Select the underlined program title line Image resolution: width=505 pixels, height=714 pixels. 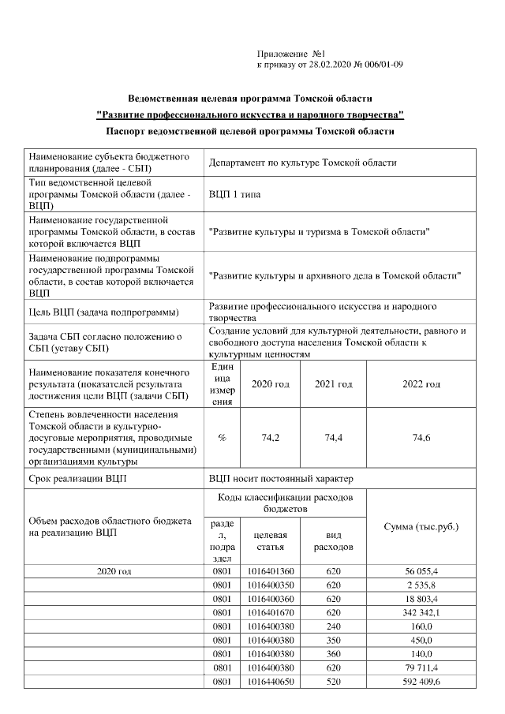pos(249,115)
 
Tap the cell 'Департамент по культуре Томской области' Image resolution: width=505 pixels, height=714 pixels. pos(302,163)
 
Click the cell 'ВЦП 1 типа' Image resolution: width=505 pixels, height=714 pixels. pos(234,194)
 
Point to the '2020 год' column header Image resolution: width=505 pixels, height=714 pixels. pos(270,383)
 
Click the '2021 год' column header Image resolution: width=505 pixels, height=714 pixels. pos(333,383)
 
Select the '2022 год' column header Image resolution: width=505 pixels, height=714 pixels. pos(421,383)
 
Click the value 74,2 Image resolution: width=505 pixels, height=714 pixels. pos(270,438)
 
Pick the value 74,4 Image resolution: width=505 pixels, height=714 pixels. pos(333,438)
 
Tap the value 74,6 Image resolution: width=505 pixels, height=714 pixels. pos(421,438)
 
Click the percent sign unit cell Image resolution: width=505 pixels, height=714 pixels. pos(222,438)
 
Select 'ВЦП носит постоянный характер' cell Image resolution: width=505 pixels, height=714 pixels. pos(280,479)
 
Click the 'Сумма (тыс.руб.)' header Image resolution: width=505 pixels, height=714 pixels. pos(421,526)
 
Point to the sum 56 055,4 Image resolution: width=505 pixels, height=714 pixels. pos(421,570)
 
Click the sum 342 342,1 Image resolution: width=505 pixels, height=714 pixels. pos(421,612)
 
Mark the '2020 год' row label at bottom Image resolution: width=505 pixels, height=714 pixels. pos(114,570)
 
